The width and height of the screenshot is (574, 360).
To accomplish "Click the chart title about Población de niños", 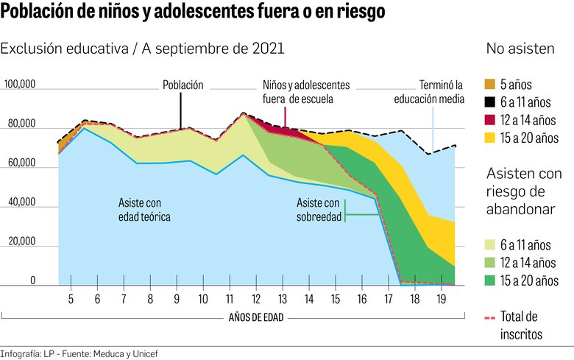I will pyautogui.click(x=192, y=13).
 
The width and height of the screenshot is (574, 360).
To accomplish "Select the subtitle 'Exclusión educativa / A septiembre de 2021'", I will pyautogui.click(x=142, y=49).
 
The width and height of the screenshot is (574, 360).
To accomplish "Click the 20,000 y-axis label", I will pyautogui.click(x=21, y=242).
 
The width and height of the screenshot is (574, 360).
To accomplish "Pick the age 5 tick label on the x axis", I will pyautogui.click(x=71, y=300).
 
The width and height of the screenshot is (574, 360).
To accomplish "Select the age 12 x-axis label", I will pyautogui.click(x=255, y=300).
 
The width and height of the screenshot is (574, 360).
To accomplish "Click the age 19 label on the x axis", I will pyautogui.click(x=442, y=300).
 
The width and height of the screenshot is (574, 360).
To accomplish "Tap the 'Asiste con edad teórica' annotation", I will pyautogui.click(x=145, y=210).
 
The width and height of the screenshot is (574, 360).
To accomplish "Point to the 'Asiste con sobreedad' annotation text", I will pyautogui.click(x=319, y=210).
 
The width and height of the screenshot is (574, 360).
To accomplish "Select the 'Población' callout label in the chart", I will pyautogui.click(x=183, y=85).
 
